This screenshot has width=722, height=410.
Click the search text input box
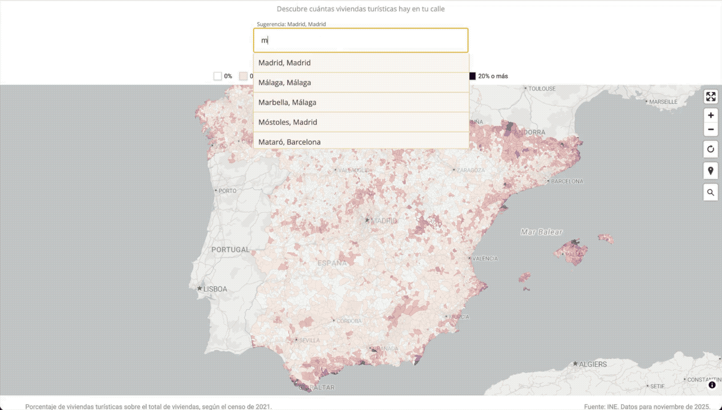[x=360, y=40]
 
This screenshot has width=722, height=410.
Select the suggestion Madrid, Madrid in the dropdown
[x=360, y=63]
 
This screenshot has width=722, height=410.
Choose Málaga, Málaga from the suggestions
[x=360, y=83]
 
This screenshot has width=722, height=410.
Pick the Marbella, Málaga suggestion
[x=360, y=102]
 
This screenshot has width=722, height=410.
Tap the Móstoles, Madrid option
[x=360, y=122]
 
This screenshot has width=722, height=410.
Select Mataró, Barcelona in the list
[x=360, y=141]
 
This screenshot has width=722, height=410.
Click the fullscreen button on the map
[x=711, y=97]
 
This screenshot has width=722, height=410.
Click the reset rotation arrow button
[x=711, y=150]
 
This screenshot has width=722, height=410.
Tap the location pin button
[x=711, y=171]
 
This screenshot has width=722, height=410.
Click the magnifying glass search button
[x=711, y=192]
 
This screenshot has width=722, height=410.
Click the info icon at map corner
[x=712, y=385]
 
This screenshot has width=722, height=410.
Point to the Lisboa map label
[x=215, y=289]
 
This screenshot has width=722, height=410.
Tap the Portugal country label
[x=230, y=249]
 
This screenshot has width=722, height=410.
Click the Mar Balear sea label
[x=541, y=232]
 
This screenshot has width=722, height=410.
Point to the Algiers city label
[x=593, y=364]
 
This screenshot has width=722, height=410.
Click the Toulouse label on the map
[x=541, y=89]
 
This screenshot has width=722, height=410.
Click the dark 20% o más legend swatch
[x=472, y=76]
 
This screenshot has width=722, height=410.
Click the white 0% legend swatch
[x=217, y=76]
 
